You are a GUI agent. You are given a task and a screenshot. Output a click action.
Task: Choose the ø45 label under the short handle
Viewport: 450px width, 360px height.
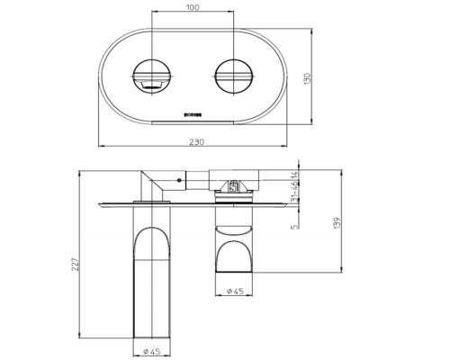coord(237,292)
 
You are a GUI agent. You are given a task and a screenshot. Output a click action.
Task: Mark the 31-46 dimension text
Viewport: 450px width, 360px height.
coord(295,191)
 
